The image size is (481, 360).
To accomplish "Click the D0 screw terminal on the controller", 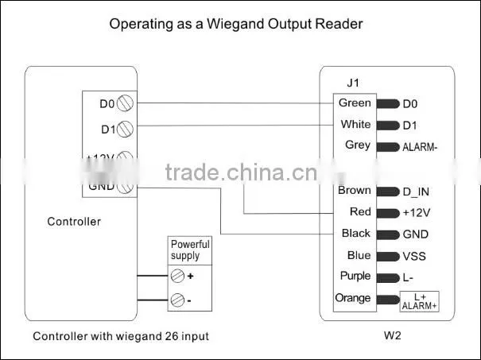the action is click(125, 103).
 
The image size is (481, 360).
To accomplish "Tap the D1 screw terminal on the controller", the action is click(125, 129).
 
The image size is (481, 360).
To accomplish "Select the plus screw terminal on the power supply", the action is click(177, 276).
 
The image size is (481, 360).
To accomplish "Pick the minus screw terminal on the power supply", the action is click(177, 300).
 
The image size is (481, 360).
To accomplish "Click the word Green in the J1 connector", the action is click(355, 103).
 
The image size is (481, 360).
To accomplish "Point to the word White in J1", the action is click(355, 125).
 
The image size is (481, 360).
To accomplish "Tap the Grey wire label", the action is click(358, 145).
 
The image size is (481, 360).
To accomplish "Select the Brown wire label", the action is click(355, 191).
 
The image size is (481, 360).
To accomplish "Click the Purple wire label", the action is click(355, 276).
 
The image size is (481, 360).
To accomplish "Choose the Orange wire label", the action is click(353, 298).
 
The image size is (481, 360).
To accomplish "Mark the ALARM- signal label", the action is click(420, 148).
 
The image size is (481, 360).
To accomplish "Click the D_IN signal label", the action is click(416, 192).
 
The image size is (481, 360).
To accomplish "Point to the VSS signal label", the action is click(414, 257).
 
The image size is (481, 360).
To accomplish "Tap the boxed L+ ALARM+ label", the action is click(419, 302).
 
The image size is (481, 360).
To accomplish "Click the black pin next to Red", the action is click(388, 213).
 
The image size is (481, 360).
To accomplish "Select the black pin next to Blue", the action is click(388, 257).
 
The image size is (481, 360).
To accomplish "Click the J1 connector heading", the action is click(353, 83).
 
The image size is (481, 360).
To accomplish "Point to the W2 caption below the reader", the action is click(392, 335).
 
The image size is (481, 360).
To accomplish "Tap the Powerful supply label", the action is click(190, 250).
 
